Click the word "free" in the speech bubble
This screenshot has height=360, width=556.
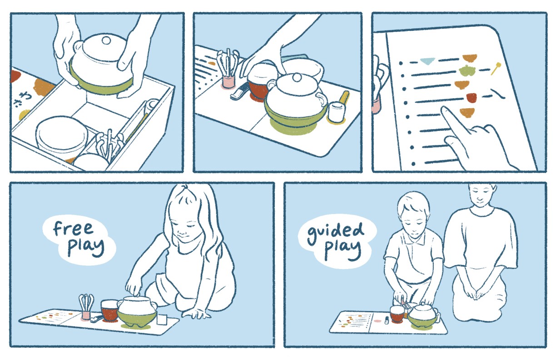(x=73, y=229)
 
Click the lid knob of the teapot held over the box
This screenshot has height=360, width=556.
(x=106, y=40)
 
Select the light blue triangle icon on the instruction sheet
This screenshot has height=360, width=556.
(x=427, y=61)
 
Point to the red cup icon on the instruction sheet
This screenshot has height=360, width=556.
(x=472, y=98)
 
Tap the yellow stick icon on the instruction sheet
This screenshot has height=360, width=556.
(x=496, y=69)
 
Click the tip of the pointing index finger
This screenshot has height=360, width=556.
(x=444, y=109)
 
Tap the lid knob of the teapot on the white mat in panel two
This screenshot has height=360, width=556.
(x=296, y=77)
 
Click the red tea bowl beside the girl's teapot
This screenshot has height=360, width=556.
(x=109, y=310)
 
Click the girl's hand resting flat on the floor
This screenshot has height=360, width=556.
(x=196, y=314)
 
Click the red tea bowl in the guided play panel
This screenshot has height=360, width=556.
(x=397, y=314)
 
